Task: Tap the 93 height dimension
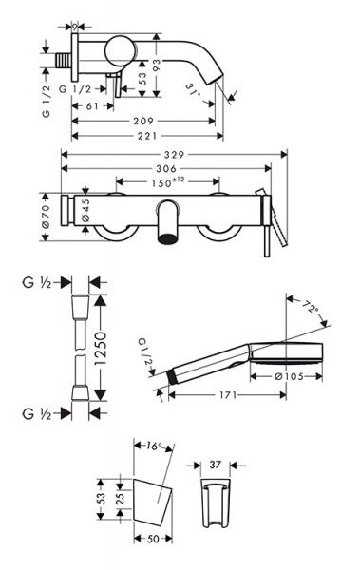point(166,63)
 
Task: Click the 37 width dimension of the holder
point(215,465)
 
